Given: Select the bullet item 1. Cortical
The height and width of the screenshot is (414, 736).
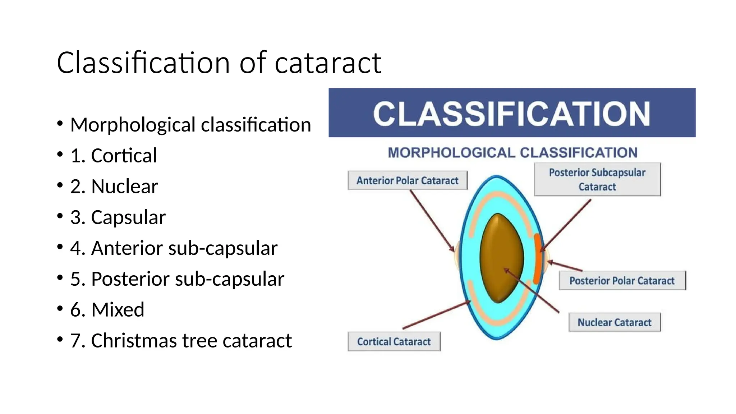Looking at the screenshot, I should pos(114,156).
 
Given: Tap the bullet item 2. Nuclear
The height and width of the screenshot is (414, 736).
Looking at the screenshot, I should pos(114,187).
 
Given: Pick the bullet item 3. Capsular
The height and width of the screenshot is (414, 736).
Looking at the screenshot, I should pos(118,217).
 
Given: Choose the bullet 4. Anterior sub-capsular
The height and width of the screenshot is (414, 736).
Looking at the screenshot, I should pos(174,248).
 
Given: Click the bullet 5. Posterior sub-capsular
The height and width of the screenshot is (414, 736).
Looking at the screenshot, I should pos(177,279).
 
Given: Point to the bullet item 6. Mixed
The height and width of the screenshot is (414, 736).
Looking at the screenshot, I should pos(107,310).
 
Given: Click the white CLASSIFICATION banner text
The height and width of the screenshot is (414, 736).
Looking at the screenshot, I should pos(511,114).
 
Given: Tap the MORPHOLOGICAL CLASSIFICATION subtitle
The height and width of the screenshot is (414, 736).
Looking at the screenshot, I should pos(512,153).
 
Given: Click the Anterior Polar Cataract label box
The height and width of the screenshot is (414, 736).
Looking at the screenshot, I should pos(407,180).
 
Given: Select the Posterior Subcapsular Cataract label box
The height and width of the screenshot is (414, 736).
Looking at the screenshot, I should pos(597,179).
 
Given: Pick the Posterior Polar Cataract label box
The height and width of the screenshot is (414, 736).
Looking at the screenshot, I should pos(622,281).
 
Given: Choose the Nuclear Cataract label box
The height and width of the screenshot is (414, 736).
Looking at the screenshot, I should pos(614,322).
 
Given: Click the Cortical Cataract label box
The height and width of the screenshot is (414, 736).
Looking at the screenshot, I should pos(394,341).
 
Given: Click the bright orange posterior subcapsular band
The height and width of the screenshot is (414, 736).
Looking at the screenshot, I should pos(537,259).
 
